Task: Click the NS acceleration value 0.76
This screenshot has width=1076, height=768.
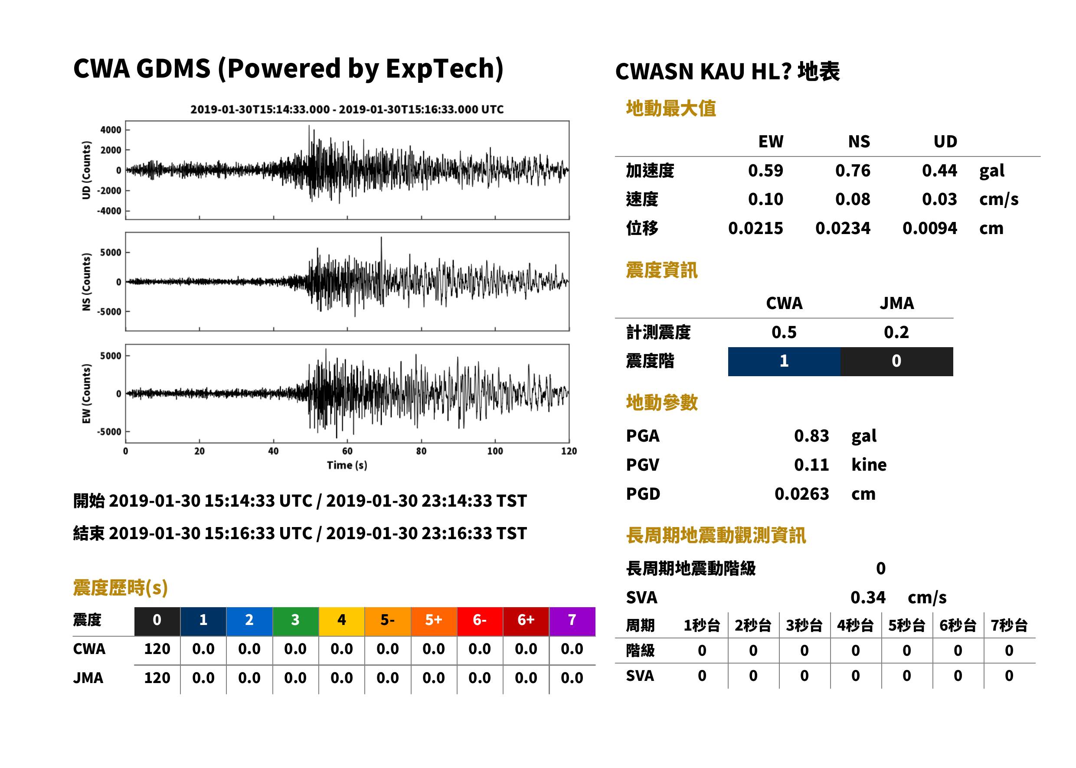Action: (852, 170)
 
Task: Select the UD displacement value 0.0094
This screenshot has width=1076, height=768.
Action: (929, 228)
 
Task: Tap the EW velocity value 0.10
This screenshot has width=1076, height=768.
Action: (765, 199)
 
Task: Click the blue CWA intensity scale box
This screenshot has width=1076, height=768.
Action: (784, 361)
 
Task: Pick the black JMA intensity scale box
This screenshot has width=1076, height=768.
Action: (897, 361)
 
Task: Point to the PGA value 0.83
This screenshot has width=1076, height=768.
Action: (811, 436)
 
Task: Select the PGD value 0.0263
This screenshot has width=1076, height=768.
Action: (801, 494)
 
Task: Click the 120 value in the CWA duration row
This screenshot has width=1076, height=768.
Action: (157, 649)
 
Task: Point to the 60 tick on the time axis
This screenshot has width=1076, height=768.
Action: (347, 451)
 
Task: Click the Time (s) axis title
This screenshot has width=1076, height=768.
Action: (347, 465)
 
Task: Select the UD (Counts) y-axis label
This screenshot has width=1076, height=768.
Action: (86, 170)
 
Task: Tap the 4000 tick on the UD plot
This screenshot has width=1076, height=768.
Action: (111, 130)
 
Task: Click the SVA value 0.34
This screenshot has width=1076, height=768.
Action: (868, 597)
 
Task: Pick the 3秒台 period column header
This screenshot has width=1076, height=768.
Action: (804, 626)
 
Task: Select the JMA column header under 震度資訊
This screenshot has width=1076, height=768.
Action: (897, 303)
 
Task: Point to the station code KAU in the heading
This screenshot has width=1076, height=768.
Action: (722, 72)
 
